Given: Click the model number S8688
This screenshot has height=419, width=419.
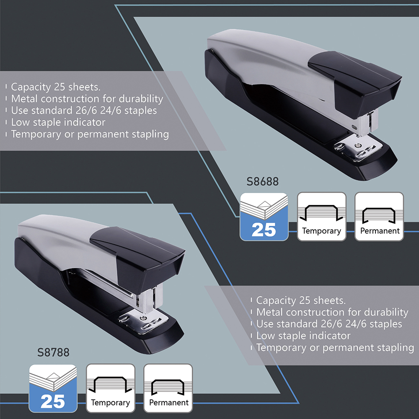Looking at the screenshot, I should [x=263, y=182].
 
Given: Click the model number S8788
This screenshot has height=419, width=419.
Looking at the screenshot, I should [x=53, y=352].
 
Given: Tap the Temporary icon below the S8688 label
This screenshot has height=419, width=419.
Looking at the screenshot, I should [x=321, y=217].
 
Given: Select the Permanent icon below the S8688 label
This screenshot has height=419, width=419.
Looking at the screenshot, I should [x=379, y=217].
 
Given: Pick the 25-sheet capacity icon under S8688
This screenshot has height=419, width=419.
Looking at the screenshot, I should [x=264, y=217].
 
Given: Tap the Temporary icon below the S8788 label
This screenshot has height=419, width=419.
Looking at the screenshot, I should [x=111, y=388].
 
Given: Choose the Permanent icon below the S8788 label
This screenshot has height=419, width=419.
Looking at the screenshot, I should [x=168, y=388].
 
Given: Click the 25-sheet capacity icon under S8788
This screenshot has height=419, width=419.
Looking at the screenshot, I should [x=53, y=388].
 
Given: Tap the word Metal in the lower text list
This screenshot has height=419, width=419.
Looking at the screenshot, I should [x=269, y=312].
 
